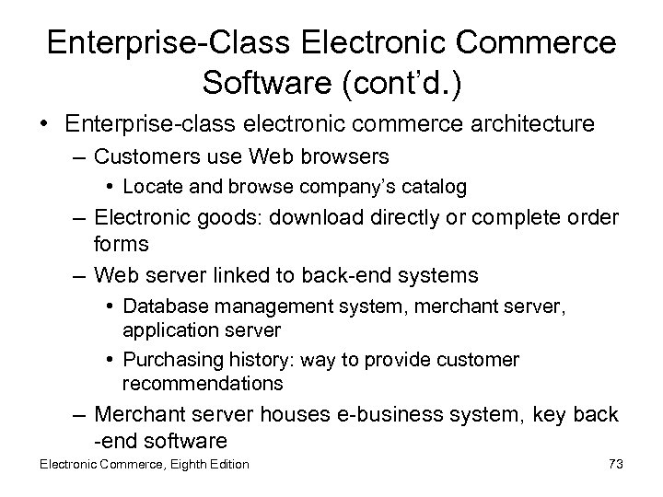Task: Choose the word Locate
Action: tap(148, 188)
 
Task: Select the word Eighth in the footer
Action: tap(191, 464)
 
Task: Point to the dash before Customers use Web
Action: tap(81, 157)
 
